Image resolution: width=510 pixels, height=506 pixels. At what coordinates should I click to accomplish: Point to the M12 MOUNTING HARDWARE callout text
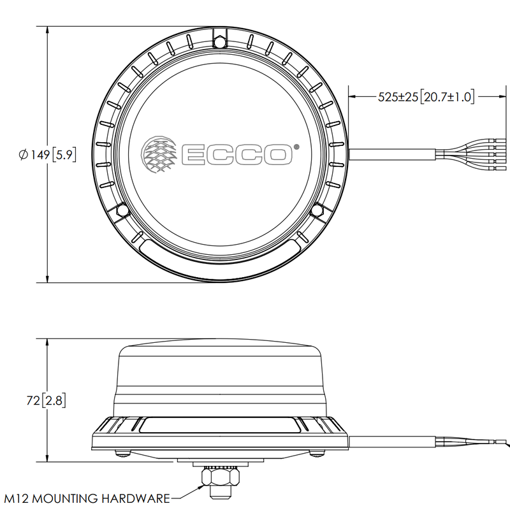[87, 498]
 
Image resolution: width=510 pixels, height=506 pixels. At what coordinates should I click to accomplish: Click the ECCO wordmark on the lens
[235, 154]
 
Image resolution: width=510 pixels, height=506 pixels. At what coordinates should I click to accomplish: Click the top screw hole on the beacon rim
[220, 42]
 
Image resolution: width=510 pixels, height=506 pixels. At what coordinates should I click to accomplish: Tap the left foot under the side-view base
[124, 454]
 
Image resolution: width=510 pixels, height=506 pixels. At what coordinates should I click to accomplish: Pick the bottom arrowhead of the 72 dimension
[48, 458]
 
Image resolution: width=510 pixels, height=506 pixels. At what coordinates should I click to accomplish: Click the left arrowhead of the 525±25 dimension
[351, 97]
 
